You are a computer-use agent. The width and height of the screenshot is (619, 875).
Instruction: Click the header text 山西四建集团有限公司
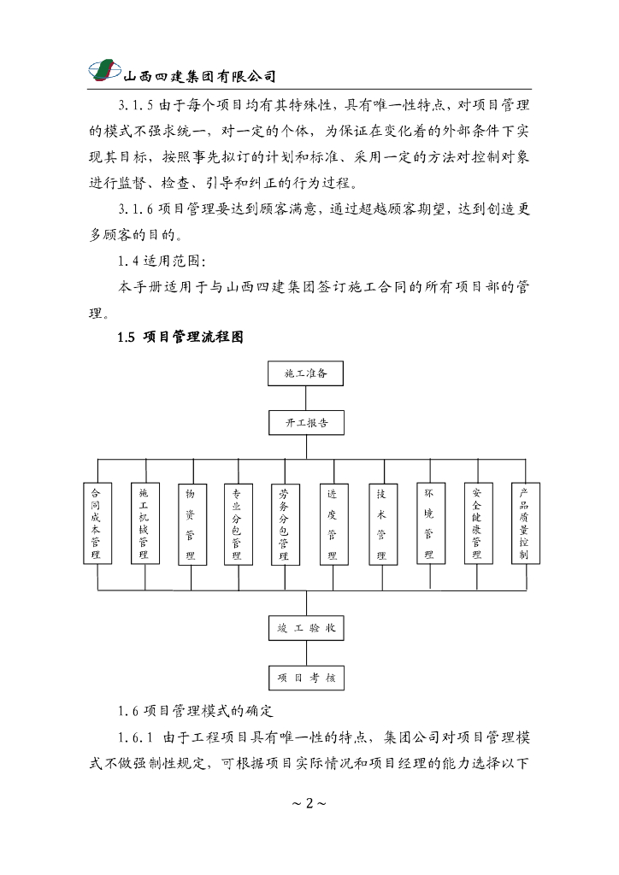point(200,76)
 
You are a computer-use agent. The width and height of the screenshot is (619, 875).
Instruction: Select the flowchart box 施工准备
point(306,373)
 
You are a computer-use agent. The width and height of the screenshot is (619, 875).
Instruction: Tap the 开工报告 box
point(306,423)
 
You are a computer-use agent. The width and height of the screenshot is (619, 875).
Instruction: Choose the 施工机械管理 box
point(144,524)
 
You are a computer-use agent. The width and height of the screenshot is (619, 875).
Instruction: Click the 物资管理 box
point(192,524)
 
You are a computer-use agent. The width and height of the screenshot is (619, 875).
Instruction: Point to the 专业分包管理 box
point(238,524)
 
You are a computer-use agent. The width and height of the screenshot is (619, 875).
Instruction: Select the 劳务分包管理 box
point(284,524)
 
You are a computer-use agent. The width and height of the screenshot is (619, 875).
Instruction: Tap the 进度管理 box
point(333,524)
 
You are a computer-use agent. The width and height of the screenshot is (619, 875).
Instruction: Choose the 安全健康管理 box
point(477,524)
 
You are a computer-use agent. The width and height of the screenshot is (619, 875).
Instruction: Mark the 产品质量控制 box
point(524,524)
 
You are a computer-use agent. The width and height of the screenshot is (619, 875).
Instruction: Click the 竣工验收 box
point(306,628)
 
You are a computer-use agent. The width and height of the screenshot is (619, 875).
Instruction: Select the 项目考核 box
point(306,678)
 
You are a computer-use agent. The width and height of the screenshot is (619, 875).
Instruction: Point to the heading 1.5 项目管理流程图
point(181,337)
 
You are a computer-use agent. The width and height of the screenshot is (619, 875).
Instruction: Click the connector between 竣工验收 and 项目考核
point(306,653)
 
